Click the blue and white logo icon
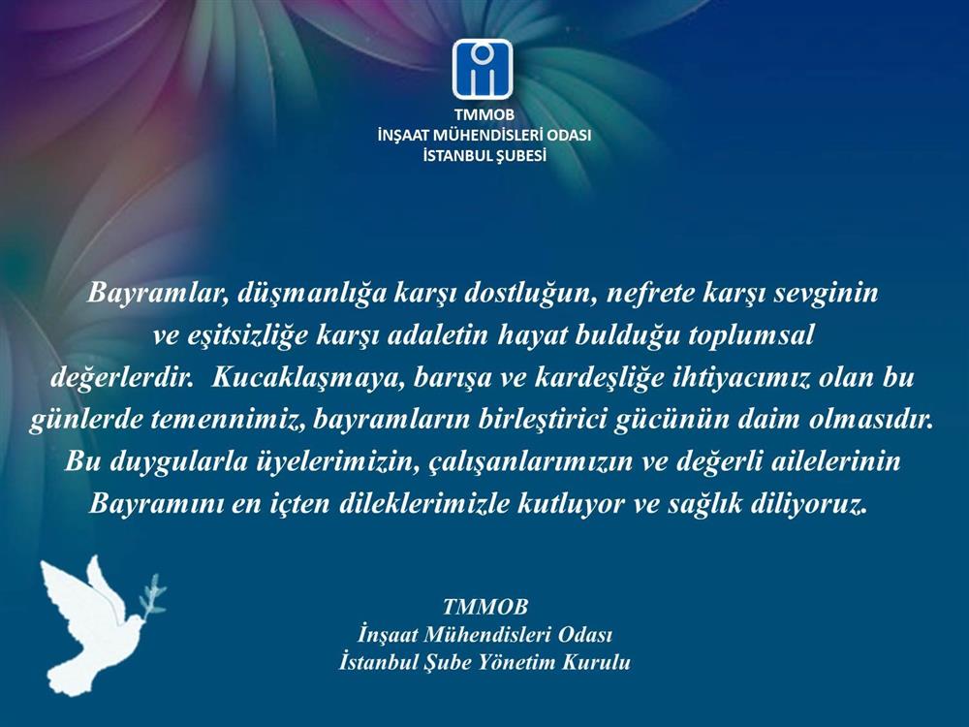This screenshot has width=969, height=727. pyautogui.click(x=482, y=69)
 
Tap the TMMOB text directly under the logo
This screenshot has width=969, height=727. pyautogui.click(x=484, y=115)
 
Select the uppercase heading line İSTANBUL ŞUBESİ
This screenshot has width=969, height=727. pyautogui.click(x=484, y=156)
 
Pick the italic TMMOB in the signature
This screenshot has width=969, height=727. pyautogui.click(x=485, y=607)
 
